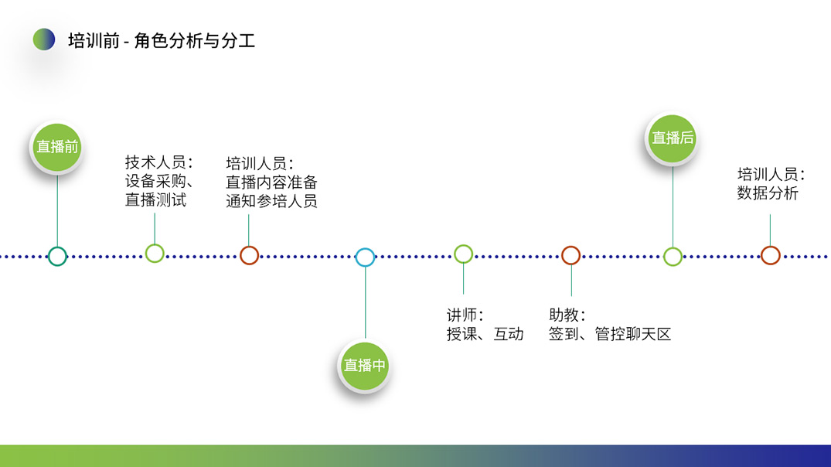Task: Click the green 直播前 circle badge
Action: (x=57, y=147)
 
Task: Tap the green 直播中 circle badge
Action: (x=364, y=366)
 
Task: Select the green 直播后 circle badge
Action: (x=673, y=138)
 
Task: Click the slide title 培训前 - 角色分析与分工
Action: (x=162, y=41)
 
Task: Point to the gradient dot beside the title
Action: (x=44, y=39)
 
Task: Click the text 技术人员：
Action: (x=159, y=162)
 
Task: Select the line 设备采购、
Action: (x=159, y=181)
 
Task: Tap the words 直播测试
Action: (x=156, y=200)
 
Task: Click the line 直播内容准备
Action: (x=271, y=182)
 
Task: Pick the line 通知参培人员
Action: (x=271, y=202)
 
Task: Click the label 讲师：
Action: (x=465, y=315)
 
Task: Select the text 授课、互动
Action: (x=485, y=335)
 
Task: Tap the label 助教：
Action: (x=567, y=315)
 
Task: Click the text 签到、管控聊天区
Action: (x=609, y=335)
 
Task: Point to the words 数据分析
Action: (x=768, y=193)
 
